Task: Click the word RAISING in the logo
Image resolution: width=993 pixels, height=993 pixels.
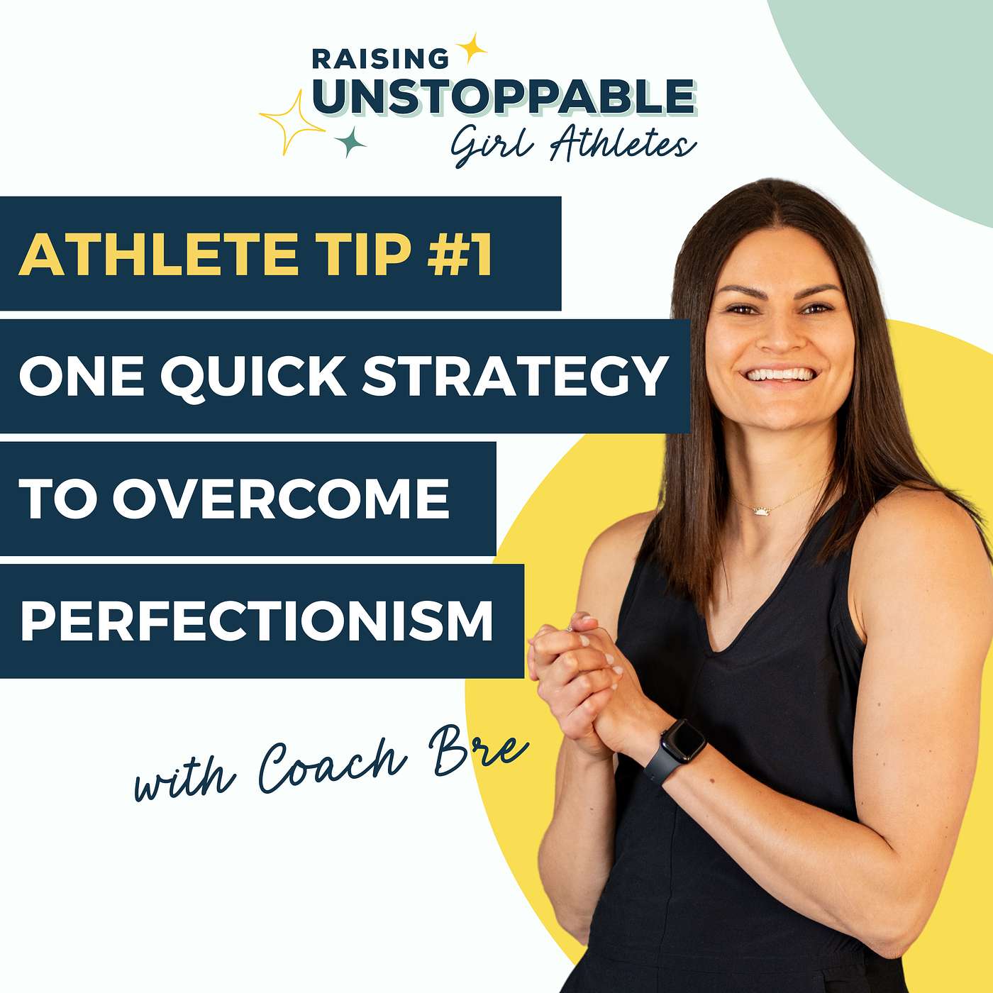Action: (379, 59)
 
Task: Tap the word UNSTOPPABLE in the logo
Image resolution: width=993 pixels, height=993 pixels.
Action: (504, 97)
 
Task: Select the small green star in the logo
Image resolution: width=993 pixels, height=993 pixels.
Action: (350, 141)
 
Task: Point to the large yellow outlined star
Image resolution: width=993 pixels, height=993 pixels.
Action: (292, 122)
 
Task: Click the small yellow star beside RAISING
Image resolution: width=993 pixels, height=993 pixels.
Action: (470, 48)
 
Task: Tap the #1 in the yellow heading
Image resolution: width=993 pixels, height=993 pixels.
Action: (460, 253)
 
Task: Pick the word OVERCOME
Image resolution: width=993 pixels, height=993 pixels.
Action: (281, 498)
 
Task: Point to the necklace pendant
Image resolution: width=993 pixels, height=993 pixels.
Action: (760, 510)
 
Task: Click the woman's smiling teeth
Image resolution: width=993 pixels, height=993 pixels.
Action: (780, 374)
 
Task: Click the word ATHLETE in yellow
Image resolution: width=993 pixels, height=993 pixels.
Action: (157, 253)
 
